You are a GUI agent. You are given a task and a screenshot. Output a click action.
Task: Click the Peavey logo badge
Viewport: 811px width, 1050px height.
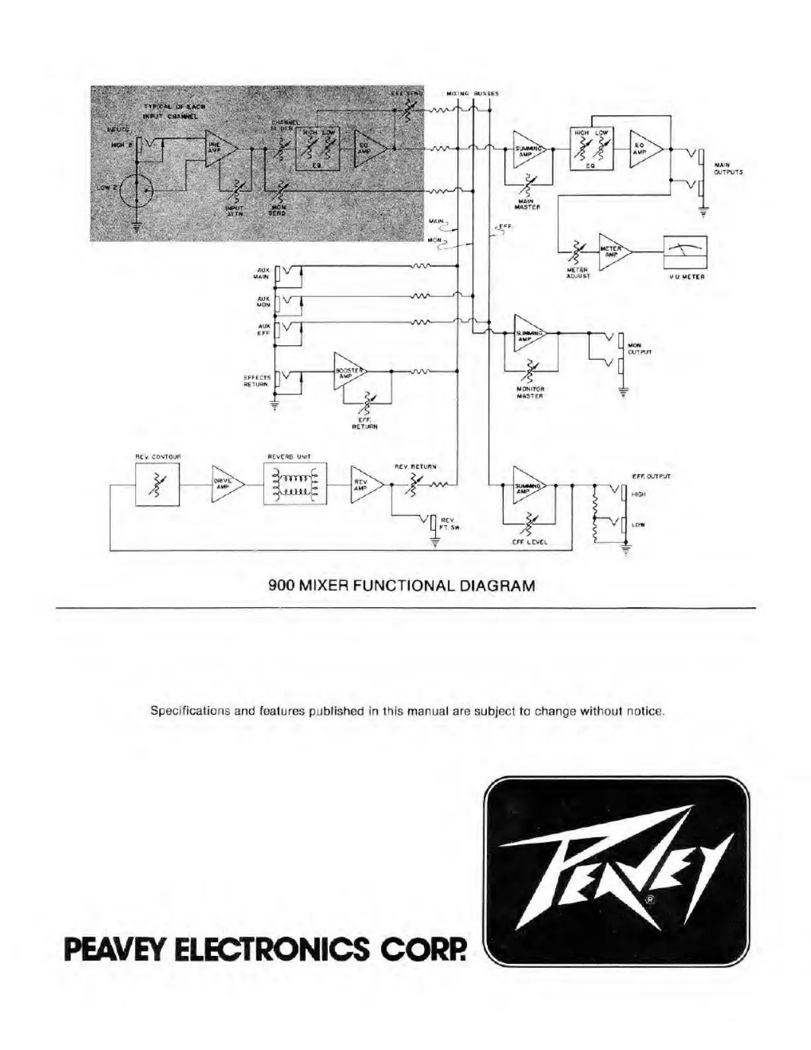618,869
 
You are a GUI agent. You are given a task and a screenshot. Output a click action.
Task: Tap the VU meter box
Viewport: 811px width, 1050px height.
685,252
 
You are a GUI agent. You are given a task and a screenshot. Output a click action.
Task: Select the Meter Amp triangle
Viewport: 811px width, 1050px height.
612,252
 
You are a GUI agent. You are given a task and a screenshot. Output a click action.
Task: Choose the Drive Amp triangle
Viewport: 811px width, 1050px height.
225,485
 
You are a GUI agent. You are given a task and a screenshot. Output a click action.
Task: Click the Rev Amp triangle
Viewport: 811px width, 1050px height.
364,485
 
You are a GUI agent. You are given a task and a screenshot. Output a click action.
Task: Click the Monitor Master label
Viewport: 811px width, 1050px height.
530,392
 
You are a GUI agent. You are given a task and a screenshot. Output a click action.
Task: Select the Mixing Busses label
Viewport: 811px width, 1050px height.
472,93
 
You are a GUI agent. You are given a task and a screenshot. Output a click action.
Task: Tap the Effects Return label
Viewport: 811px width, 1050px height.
257,380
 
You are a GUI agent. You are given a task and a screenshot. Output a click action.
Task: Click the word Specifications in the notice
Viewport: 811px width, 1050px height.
189,711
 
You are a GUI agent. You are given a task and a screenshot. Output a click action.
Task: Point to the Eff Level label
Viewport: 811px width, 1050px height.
529,542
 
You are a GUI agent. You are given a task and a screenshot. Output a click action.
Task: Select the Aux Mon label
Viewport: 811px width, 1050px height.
263,302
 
